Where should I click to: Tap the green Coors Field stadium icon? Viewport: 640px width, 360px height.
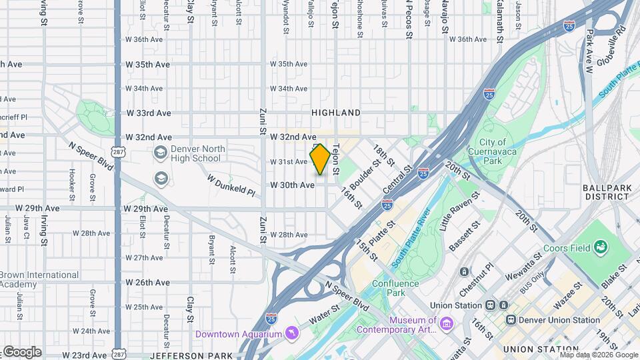click(x=601, y=248)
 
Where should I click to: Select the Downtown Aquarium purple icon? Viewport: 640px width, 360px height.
click(x=291, y=333)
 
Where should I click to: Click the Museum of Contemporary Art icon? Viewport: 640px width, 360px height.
click(x=446, y=324)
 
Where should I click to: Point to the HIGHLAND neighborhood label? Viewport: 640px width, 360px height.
click(x=336, y=113)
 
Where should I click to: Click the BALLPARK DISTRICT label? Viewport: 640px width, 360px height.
click(x=607, y=192)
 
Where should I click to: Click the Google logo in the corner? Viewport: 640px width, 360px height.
click(x=22, y=352)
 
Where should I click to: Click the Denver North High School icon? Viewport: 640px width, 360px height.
click(x=160, y=153)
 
